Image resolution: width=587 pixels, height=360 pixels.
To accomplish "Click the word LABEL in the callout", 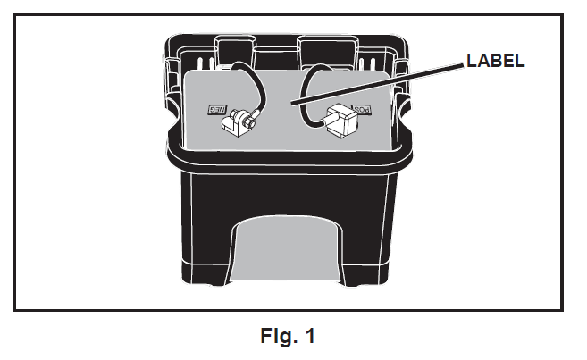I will pyautogui.click(x=493, y=62).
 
